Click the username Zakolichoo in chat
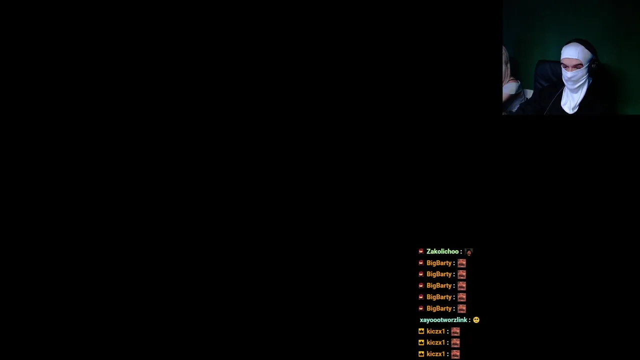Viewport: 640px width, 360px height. pyautogui.click(x=442, y=251)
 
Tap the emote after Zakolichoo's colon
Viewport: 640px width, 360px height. pyautogui.click(x=468, y=251)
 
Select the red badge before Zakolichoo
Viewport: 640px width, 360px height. pyautogui.click(x=421, y=251)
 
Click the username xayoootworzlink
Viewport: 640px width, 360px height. pyautogui.click(x=443, y=320)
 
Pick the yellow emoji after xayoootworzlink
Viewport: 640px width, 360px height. pyautogui.click(x=476, y=320)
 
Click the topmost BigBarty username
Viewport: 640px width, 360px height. pyautogui.click(x=439, y=263)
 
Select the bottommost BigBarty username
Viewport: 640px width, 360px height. pyautogui.click(x=439, y=308)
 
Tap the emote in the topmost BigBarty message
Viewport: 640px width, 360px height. pyautogui.click(x=461, y=263)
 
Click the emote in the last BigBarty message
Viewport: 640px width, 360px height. pyautogui.click(x=461, y=309)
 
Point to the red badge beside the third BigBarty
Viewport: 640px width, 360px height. pyautogui.click(x=421, y=285)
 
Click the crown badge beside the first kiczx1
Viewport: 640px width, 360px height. pyautogui.click(x=421, y=331)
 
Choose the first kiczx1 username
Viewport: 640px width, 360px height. pyautogui.click(x=435, y=331)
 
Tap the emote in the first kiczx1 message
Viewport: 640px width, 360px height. pyautogui.click(x=455, y=331)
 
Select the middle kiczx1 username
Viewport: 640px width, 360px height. pyautogui.click(x=435, y=342)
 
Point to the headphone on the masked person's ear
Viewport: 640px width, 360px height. pyautogui.click(x=594, y=64)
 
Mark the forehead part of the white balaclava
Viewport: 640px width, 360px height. pyautogui.click(x=574, y=52)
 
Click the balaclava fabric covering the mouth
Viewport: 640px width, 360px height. pyautogui.click(x=575, y=78)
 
